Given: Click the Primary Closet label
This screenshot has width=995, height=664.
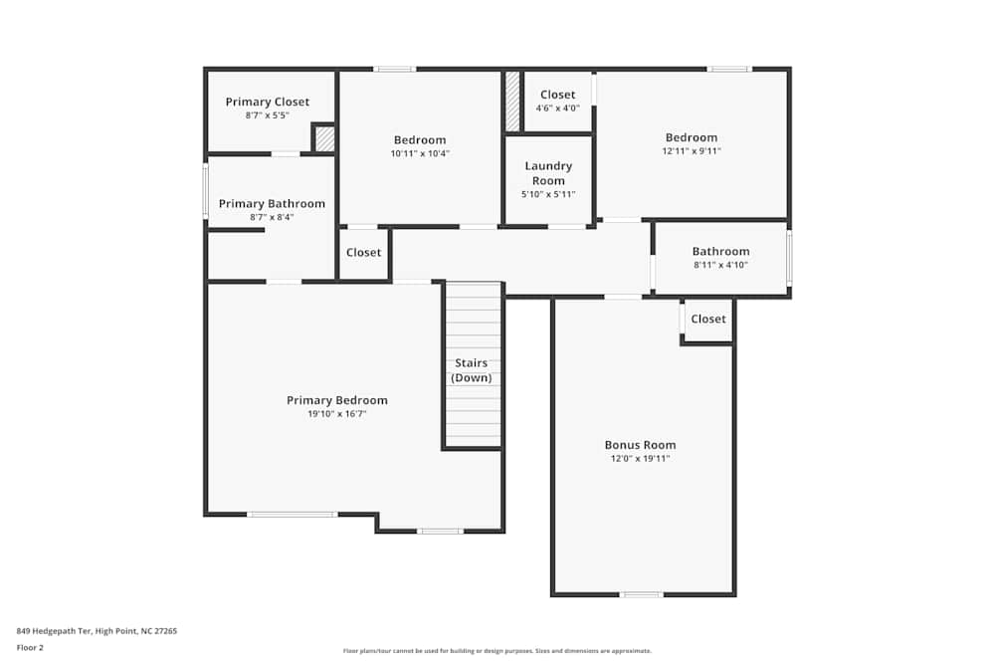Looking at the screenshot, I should tap(267, 102).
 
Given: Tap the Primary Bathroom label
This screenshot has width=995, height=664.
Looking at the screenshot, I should tap(272, 203).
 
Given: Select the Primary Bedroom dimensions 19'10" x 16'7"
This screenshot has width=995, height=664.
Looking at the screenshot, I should tap(337, 413).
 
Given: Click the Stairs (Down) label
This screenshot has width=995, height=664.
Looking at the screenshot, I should tap(472, 370).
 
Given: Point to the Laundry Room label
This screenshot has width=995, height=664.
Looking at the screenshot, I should tap(548, 173).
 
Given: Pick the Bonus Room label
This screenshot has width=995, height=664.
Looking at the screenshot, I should tap(640, 445).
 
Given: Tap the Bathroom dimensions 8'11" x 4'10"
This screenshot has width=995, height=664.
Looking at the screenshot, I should tap(720, 265).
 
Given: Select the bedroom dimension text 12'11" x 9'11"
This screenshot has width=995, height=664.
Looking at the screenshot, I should tap(692, 151).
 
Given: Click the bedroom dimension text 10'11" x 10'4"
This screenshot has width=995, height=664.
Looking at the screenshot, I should tap(420, 153).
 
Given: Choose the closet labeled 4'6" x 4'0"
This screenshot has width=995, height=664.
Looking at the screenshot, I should tap(557, 101).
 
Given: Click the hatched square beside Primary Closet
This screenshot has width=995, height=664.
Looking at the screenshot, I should tap(324, 138).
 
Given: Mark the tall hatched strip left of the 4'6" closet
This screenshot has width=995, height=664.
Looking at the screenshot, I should tap(512, 101).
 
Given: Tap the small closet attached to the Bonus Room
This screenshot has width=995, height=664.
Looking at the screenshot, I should tap(707, 320).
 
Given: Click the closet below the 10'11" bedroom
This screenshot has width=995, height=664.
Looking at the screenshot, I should tap(363, 253).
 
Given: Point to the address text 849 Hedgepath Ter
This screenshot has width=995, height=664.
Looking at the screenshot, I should tap(97, 630).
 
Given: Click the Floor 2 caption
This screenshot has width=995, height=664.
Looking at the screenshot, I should tap(30, 647).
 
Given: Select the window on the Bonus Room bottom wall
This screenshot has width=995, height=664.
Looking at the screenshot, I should tap(642, 594).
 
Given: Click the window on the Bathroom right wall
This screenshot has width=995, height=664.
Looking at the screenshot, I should tap(789, 259).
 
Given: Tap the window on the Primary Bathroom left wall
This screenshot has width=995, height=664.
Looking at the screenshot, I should tap(206, 190).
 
